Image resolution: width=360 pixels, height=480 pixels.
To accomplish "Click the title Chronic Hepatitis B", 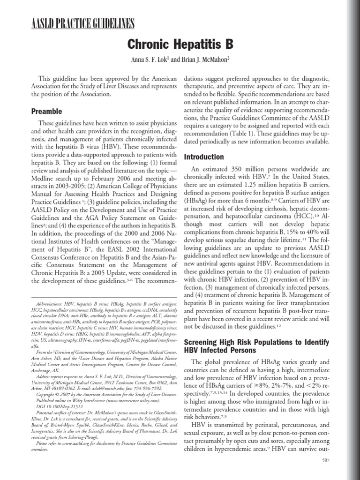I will pos(180,45).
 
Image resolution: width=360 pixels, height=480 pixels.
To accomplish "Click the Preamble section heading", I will pos(46,112).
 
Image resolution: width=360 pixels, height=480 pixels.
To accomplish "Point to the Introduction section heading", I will pos(204,157).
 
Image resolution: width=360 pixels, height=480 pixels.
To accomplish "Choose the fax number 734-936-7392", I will pos(153,382).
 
